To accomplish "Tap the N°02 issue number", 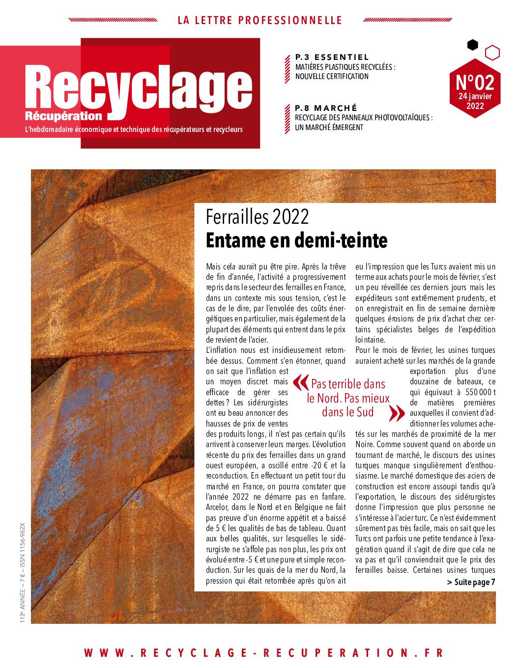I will [x=475, y=80].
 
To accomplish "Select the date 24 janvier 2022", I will [x=475, y=101].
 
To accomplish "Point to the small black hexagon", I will [x=472, y=45].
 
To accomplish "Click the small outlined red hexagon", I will [x=492, y=52].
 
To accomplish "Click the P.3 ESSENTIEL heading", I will [x=332, y=57].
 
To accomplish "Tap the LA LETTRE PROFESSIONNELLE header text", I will [x=260, y=20].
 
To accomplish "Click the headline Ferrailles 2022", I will [x=258, y=216].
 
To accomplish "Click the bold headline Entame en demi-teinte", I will [x=297, y=240].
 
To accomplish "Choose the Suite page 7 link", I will [x=471, y=582].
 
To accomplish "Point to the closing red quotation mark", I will [x=394, y=414].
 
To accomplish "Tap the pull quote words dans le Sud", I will [x=348, y=412].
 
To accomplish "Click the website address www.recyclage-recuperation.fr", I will [x=263, y=653].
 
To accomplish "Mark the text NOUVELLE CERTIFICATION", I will [x=332, y=77].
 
